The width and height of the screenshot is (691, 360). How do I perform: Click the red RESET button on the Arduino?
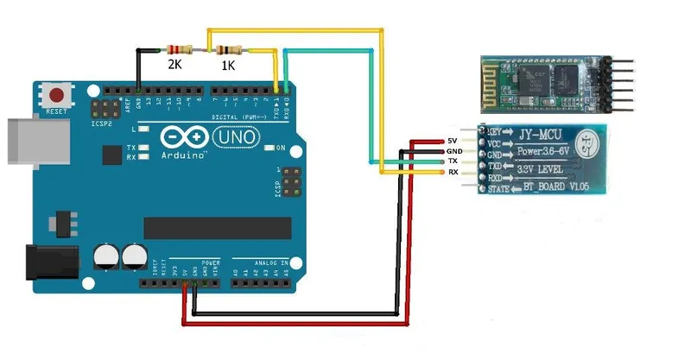[x=59, y=94]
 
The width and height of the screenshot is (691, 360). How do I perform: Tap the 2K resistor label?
[x=175, y=64]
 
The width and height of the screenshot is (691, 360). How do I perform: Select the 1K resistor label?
[x=229, y=64]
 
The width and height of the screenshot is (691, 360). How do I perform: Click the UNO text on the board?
[x=229, y=136]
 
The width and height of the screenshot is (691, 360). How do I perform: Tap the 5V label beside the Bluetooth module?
[x=452, y=141]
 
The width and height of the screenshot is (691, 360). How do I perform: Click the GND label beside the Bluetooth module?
[x=453, y=151]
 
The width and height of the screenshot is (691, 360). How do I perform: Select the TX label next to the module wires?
[x=452, y=161]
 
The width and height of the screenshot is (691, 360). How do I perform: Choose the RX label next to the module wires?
[x=452, y=173]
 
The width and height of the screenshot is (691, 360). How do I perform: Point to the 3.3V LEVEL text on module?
[x=545, y=170]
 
